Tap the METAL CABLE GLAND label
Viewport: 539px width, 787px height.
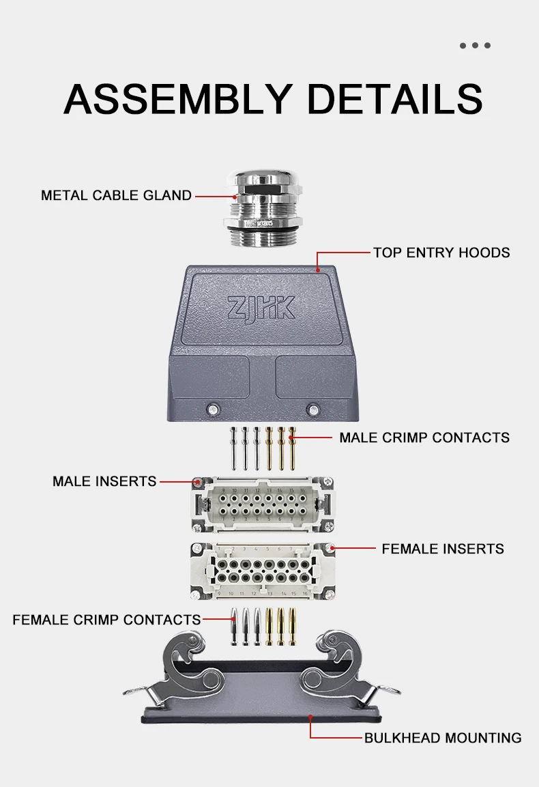116,195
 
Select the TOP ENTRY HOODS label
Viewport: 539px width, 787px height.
441,253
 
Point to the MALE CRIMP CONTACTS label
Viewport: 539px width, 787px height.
424,438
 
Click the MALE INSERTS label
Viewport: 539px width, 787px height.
104,481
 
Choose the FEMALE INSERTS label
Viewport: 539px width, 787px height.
443,549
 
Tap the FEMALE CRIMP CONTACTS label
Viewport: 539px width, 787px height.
106,620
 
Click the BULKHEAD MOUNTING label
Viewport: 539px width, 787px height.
442,738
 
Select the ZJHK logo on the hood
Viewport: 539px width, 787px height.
261,307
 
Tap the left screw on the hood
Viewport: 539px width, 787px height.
214,410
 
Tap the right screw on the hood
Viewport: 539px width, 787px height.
312,410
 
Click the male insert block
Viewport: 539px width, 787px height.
263,504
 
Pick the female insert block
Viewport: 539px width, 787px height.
263,571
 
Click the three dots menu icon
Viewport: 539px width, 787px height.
475,46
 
